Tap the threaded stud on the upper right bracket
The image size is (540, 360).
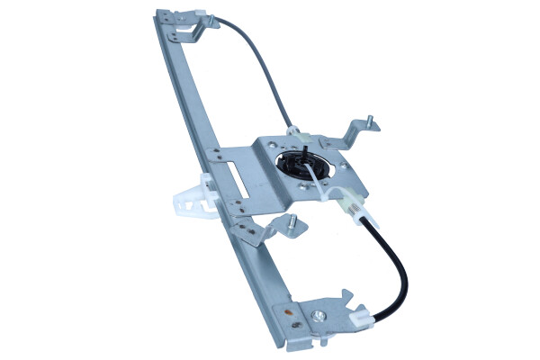[x=369, y=119]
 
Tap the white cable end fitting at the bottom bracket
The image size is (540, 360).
[x=358, y=317]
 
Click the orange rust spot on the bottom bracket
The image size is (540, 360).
[x=286, y=311]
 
